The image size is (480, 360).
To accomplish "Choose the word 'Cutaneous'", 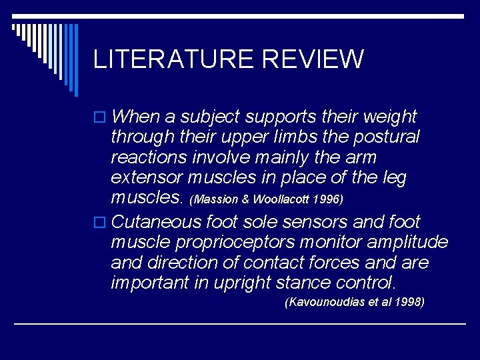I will pyautogui.click(x=157, y=221).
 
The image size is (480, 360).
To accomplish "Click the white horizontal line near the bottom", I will pyautogui.click(x=240, y=323).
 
